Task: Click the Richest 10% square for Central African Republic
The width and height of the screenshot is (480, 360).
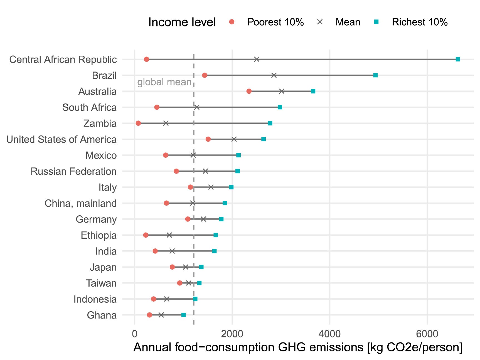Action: [458, 59]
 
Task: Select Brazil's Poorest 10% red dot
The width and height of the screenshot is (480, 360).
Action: [205, 75]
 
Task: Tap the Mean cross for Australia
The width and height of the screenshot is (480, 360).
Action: [282, 91]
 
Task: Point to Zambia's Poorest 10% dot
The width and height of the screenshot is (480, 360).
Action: [138, 123]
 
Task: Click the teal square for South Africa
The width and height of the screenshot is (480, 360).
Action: [280, 107]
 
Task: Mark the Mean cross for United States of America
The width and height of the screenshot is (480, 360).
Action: [234, 139]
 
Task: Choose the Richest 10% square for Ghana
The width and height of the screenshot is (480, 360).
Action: [184, 315]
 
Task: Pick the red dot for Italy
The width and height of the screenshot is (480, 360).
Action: [190, 187]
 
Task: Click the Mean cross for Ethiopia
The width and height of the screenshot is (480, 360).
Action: [169, 235]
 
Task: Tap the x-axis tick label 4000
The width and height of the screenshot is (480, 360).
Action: [329, 334]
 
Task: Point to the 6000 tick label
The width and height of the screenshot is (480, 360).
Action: [427, 334]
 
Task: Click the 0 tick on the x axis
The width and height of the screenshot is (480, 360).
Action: [135, 334]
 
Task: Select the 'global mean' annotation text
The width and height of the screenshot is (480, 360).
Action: [164, 82]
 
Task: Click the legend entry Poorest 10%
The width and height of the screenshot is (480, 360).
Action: [275, 22]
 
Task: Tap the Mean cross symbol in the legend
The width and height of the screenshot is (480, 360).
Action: [320, 22]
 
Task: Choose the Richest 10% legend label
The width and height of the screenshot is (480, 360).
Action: [419, 22]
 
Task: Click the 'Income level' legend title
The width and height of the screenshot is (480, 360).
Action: [182, 22]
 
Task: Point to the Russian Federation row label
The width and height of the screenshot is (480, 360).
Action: [73, 171]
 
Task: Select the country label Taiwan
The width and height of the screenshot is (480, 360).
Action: [101, 283]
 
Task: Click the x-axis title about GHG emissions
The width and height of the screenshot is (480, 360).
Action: [298, 347]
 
